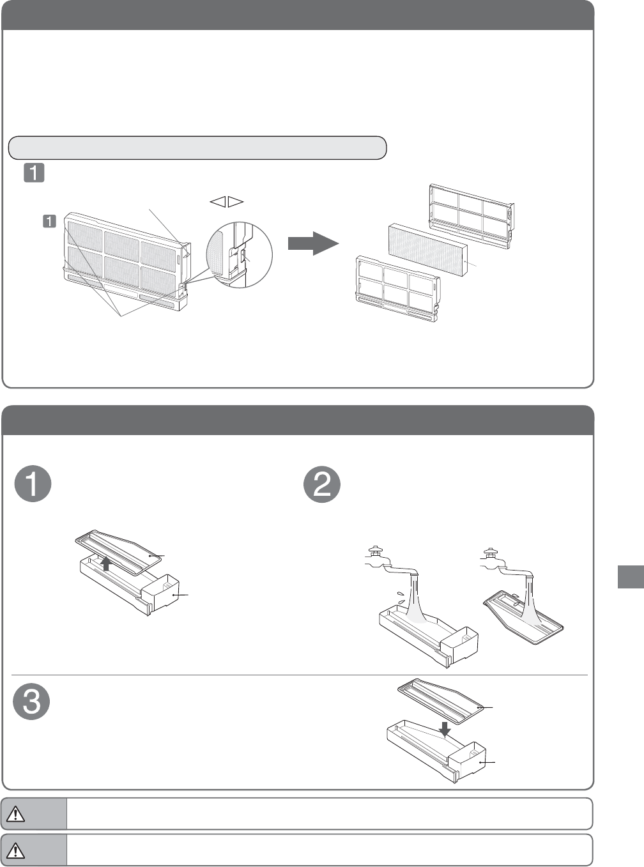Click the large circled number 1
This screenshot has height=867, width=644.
[33, 484]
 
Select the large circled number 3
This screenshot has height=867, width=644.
[32, 702]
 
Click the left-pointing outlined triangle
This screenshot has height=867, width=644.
[217, 202]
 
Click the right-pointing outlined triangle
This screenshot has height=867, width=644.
[236, 202]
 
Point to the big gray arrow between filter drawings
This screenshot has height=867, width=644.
[312, 243]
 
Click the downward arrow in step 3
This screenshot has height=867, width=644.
[445, 728]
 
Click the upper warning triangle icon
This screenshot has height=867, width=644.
[15, 814]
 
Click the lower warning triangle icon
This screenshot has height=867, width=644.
[15, 850]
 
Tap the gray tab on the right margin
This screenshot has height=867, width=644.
[631, 576]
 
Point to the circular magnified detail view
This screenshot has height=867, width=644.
[240, 255]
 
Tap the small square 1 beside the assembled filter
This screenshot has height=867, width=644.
[49, 222]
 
